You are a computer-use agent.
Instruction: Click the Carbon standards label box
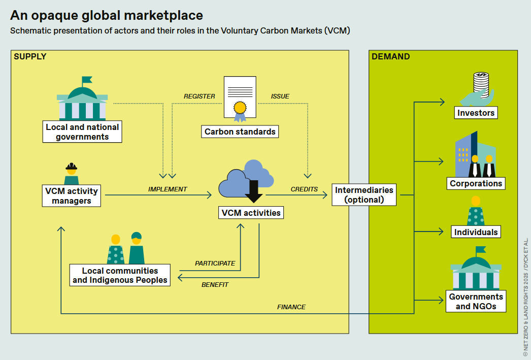[x=240, y=132]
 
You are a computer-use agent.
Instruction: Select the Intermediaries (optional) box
[x=364, y=194]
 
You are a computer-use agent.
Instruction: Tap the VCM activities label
[x=251, y=213]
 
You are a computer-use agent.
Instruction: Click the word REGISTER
[x=199, y=96]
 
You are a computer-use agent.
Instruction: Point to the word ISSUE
[x=280, y=96]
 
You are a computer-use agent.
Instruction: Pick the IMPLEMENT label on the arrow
[x=168, y=189]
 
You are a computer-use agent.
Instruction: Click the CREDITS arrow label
[x=304, y=189]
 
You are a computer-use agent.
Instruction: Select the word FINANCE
[x=291, y=307]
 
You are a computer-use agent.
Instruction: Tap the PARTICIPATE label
[x=215, y=264]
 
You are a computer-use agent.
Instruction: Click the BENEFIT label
[x=215, y=285]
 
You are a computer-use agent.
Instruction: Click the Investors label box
[x=476, y=113]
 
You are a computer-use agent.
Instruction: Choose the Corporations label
[x=476, y=183]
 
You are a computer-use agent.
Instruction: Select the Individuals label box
[x=476, y=232]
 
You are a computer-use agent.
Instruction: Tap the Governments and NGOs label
[x=476, y=302]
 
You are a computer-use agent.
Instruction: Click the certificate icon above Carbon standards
[x=240, y=98]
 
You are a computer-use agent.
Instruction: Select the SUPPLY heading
[x=30, y=57]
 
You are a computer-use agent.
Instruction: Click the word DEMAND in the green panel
[x=390, y=57]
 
